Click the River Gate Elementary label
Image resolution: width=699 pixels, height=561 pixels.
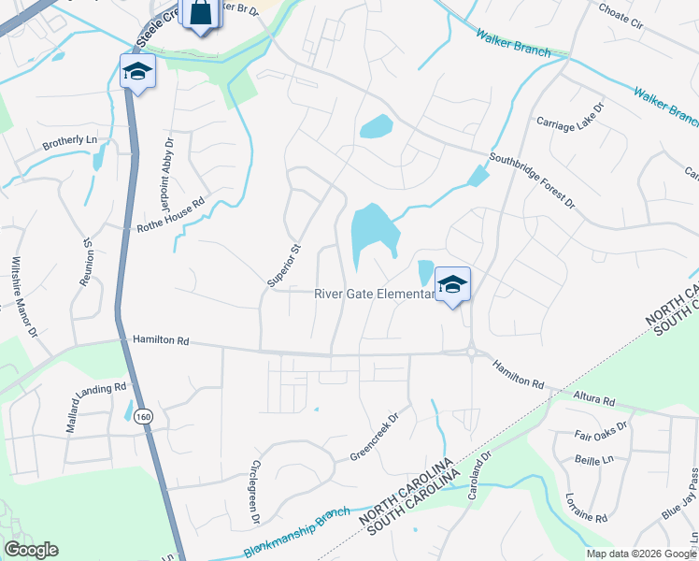point(373,294)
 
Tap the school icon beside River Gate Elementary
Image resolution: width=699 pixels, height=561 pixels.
point(452,285)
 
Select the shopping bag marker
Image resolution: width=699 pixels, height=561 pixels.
point(203,14)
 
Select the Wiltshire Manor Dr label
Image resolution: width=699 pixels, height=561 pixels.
point(22,296)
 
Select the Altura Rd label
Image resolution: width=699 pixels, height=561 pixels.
point(594,399)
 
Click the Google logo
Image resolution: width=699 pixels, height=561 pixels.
point(31,550)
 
